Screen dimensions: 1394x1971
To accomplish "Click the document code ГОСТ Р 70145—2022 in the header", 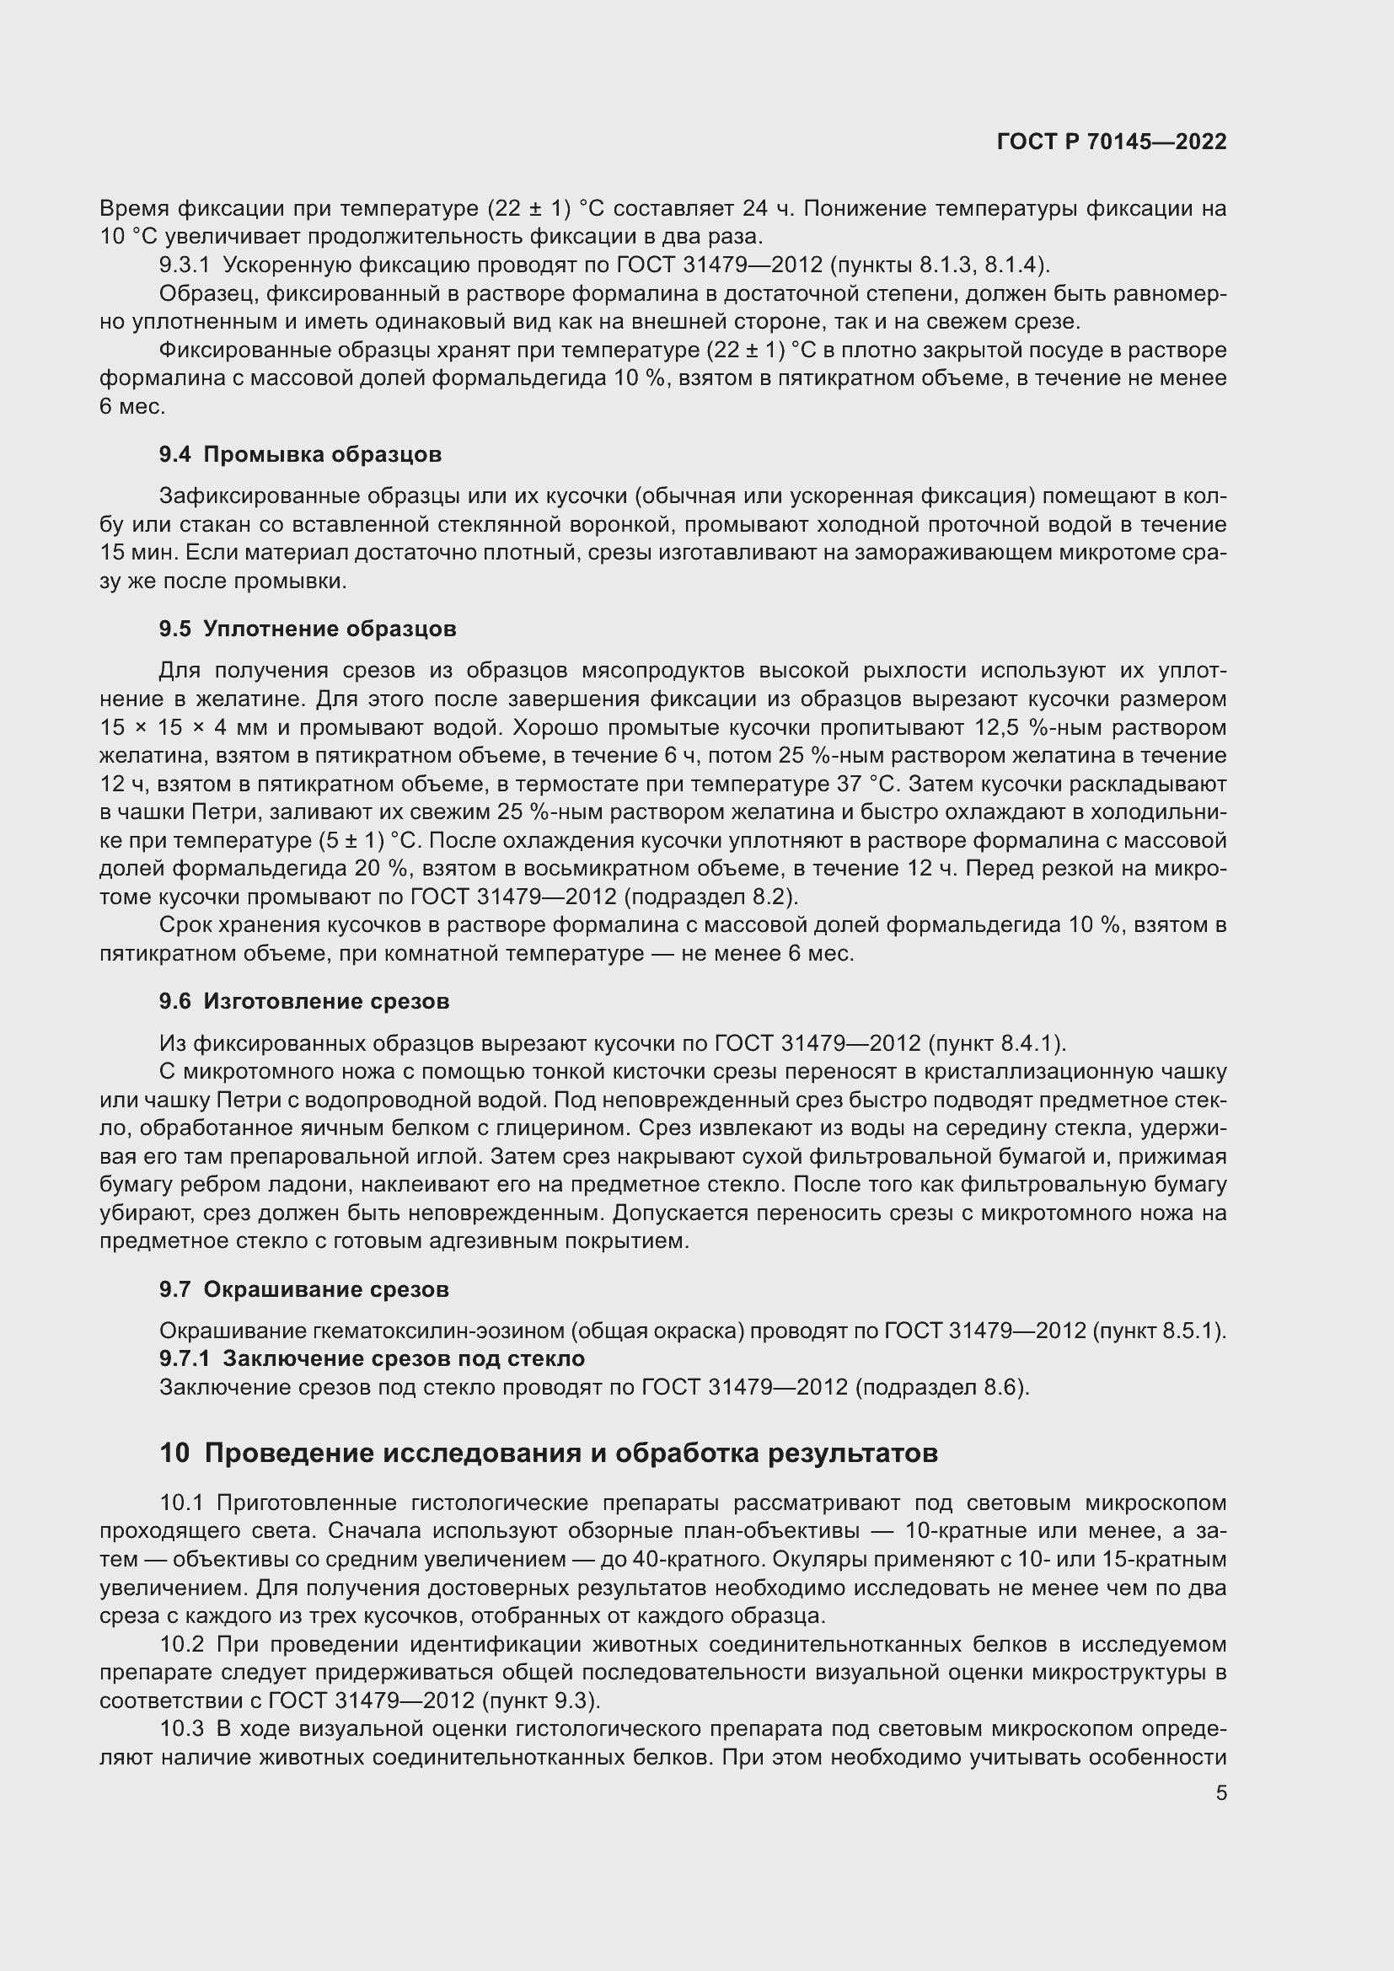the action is [x=1112, y=142].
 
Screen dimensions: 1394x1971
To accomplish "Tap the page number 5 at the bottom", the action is [x=1220, y=1794].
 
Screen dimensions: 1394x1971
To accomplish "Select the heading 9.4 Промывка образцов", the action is [x=299, y=454].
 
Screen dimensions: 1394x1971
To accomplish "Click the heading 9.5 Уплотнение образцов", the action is [x=308, y=629].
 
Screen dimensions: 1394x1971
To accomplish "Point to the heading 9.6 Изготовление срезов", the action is [x=304, y=1001].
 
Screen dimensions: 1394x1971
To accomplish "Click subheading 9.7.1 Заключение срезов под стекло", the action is [x=372, y=1358].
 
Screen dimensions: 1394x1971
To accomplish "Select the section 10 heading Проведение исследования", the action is [x=549, y=1453].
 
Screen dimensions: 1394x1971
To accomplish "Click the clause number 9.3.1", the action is [x=185, y=265].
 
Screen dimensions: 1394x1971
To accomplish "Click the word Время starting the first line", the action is [x=134, y=208].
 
